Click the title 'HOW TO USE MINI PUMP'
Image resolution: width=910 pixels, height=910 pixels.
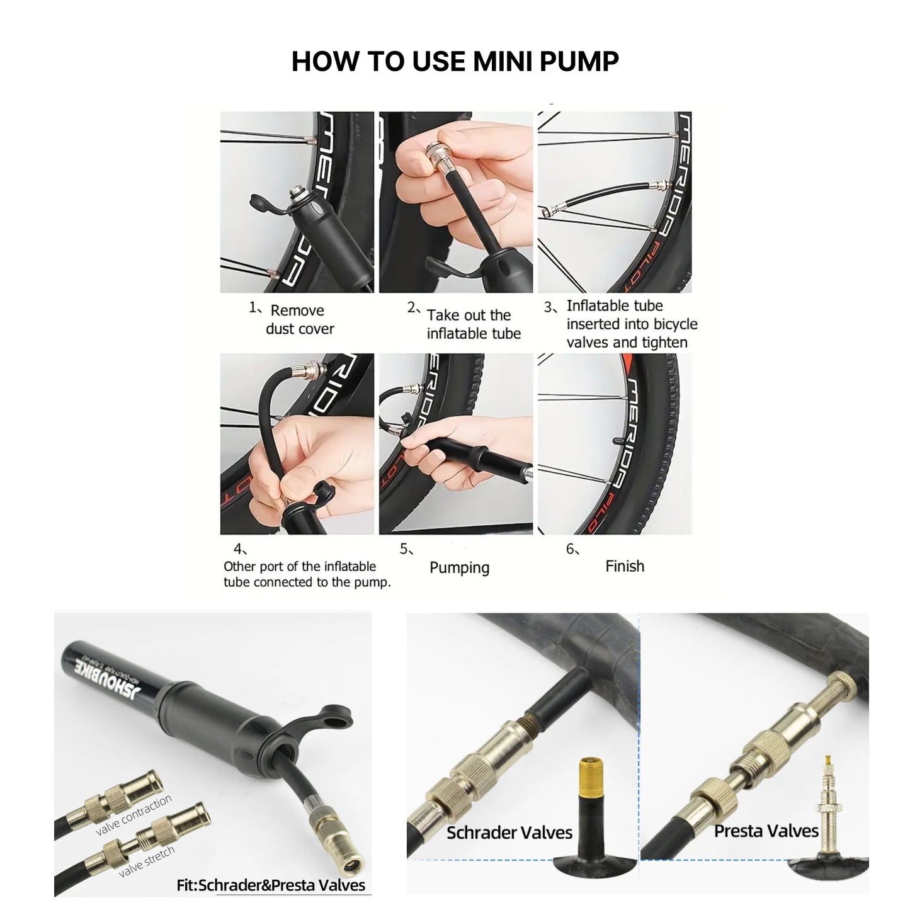tap(455, 61)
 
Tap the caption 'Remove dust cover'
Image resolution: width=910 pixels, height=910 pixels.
tap(299, 319)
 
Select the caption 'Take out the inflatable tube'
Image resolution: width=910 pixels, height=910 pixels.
tap(473, 324)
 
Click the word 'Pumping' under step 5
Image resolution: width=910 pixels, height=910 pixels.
tap(459, 567)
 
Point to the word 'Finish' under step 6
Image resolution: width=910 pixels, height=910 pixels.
tap(624, 566)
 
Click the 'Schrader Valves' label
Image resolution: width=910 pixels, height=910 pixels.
tap(509, 833)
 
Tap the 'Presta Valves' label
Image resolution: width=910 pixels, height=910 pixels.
tap(766, 831)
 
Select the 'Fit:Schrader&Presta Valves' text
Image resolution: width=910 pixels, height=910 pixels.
tap(271, 885)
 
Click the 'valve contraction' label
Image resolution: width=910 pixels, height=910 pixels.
tap(134, 816)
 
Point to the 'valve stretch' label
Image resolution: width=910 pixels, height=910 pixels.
tap(146, 862)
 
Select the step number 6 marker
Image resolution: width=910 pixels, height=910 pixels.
tap(571, 549)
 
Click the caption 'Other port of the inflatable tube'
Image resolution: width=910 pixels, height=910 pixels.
tap(300, 566)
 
